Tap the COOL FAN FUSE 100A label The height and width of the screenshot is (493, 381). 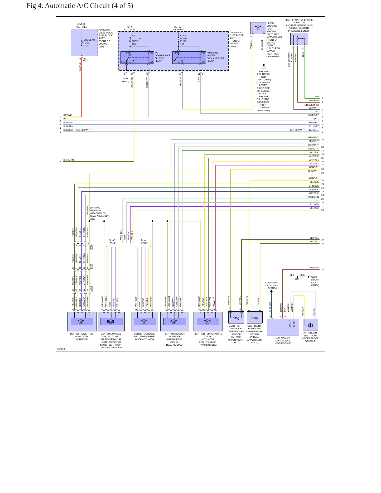coord(89,43)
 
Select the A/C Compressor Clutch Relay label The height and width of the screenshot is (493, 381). coord(163,57)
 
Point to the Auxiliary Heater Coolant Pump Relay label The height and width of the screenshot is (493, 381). coord(216,57)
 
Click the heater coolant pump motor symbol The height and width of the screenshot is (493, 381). coord(258,28)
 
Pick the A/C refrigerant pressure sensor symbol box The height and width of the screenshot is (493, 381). coord(299,39)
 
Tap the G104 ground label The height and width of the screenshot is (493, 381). coord(264,69)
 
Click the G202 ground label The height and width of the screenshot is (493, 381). coord(314,277)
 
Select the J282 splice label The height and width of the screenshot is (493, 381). coord(93,219)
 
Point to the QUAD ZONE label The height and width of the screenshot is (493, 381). coord(112,242)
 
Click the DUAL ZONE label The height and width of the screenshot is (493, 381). coord(144,242)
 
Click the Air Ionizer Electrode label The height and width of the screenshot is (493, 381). coord(310,337)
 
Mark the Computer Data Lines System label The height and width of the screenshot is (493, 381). coord(272,286)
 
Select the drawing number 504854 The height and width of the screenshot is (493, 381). coord(61,349)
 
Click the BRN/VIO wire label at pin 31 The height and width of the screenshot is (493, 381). coord(314,268)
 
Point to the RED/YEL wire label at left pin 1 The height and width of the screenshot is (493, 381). coord(68,115)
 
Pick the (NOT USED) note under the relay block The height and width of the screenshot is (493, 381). coord(126,80)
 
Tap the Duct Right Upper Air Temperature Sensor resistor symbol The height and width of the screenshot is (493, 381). coord(236,318)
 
